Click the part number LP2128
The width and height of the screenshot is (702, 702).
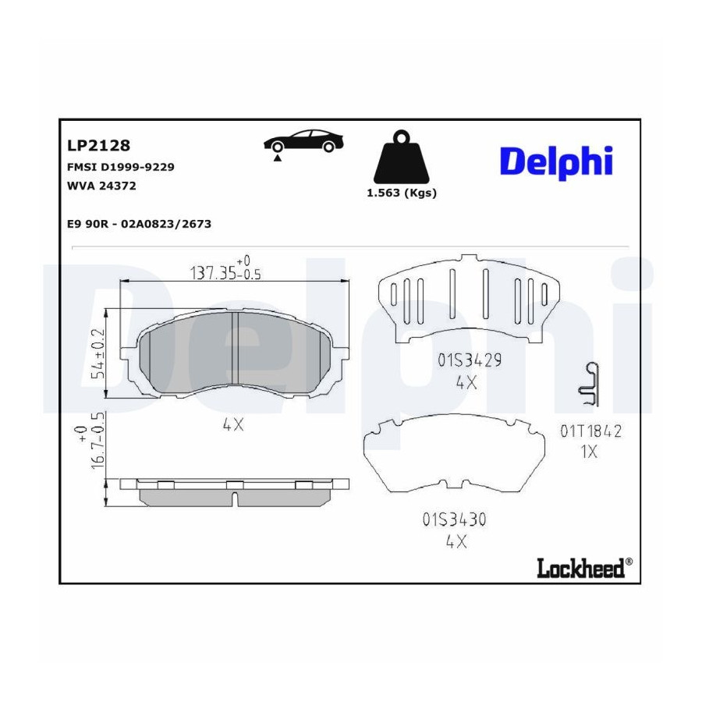pos(98,146)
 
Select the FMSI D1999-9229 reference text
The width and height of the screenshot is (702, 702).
pos(120,167)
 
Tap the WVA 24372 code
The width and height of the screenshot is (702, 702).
pos(101,186)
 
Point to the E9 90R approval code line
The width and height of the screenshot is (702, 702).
pos(140,224)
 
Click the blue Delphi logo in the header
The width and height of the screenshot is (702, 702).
pos(556,162)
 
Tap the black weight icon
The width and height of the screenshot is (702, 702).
pos(401,156)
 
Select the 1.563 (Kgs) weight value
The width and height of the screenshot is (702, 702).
pos(402,193)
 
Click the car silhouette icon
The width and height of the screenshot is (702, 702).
pos(303,140)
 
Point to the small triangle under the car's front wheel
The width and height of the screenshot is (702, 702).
pos(278,158)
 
